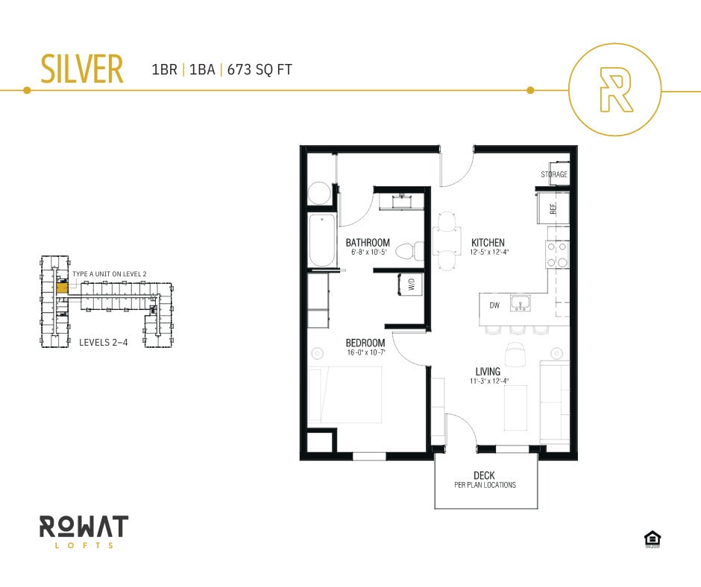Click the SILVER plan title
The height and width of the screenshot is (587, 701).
81,69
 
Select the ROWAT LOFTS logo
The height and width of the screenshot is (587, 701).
84,531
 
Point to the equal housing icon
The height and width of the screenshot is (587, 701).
653,539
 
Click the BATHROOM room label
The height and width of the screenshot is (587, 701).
367,243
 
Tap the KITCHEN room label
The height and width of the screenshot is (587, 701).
488,243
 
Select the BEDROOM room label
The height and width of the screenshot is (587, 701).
365,343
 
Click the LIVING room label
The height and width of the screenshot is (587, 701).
488,372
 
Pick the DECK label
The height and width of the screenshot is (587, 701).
484,475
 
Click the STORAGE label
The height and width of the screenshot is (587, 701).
554,174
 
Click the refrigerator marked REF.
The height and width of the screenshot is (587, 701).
553,208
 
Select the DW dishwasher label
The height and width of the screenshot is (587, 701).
493,305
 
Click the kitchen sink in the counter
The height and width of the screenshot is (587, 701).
521,303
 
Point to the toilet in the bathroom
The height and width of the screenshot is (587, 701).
405,250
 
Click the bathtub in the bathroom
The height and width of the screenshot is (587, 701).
322,241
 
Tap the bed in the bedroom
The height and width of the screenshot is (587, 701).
345,395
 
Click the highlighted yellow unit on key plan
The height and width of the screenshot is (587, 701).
63,286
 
